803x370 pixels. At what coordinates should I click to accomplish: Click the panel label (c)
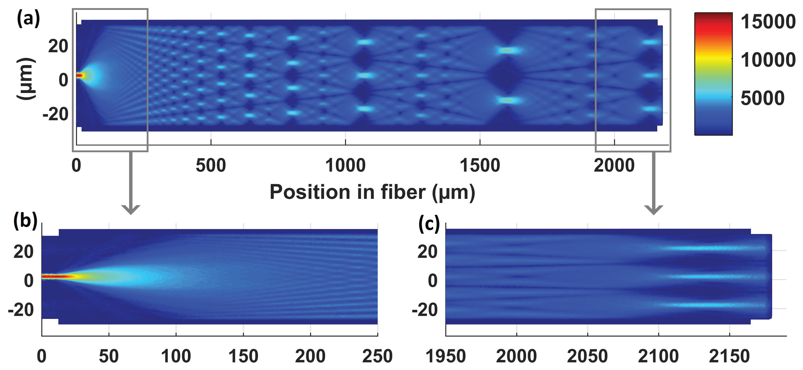(429, 224)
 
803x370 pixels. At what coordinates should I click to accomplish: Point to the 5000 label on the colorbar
(762, 98)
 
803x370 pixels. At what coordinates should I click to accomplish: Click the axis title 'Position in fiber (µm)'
(372, 192)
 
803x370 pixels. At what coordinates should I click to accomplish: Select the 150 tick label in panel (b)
(243, 356)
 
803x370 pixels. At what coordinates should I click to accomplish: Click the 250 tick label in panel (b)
(377, 356)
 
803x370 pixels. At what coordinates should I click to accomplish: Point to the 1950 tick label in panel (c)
(445, 356)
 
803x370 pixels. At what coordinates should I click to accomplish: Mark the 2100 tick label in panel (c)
(658, 356)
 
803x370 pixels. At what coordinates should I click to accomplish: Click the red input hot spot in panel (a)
(80, 75)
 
